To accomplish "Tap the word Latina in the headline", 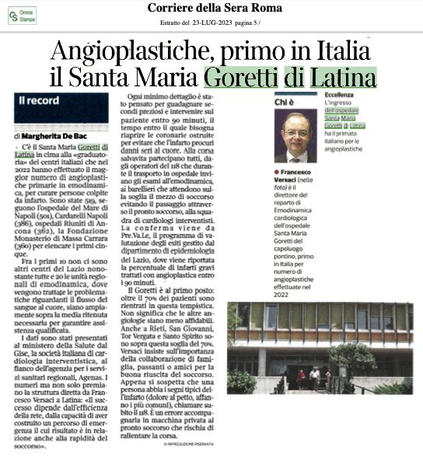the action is pyautogui.click(x=342, y=79).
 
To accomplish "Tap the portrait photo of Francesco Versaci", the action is pyautogui.click(x=295, y=135).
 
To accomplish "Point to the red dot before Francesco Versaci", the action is pyautogui.click(x=277, y=170).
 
